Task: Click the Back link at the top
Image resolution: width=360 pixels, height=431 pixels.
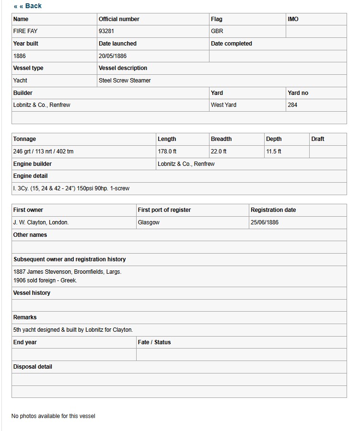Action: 28,6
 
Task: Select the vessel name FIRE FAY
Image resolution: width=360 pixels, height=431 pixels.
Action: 25,31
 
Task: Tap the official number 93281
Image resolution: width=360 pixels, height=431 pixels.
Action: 106,31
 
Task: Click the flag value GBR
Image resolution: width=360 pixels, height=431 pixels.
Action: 217,31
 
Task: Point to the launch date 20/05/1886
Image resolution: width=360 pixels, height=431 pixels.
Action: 113,56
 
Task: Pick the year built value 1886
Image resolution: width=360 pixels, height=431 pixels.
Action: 20,56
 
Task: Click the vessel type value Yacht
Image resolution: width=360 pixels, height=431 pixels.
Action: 20,81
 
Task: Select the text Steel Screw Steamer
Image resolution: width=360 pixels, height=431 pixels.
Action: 125,81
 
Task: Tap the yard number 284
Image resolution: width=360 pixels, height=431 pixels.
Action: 292,105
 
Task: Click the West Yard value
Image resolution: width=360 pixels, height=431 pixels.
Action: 223,105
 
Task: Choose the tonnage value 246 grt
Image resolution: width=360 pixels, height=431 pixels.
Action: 23,151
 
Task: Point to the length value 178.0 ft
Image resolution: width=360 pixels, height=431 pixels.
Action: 167,151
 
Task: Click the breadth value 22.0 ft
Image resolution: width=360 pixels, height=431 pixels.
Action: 219,151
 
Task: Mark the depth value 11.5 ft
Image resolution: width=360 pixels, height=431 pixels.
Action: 273,151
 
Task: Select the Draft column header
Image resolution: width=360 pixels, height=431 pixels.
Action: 317,139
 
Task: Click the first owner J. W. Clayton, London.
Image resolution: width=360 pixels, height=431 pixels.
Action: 41,222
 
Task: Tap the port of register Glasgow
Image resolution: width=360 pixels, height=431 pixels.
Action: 149,222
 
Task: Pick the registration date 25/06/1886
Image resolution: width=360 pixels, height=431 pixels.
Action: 264,222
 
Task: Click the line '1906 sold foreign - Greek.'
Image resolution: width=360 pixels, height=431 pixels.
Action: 45,280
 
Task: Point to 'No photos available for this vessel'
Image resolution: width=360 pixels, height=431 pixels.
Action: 53,416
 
